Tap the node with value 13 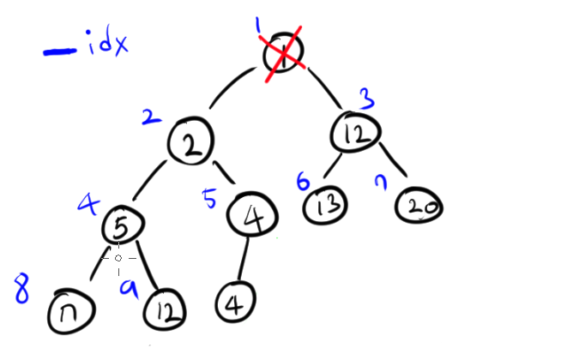(326, 205)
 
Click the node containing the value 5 (123, 226)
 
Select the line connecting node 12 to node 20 (397, 164)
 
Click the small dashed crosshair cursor (118, 256)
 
